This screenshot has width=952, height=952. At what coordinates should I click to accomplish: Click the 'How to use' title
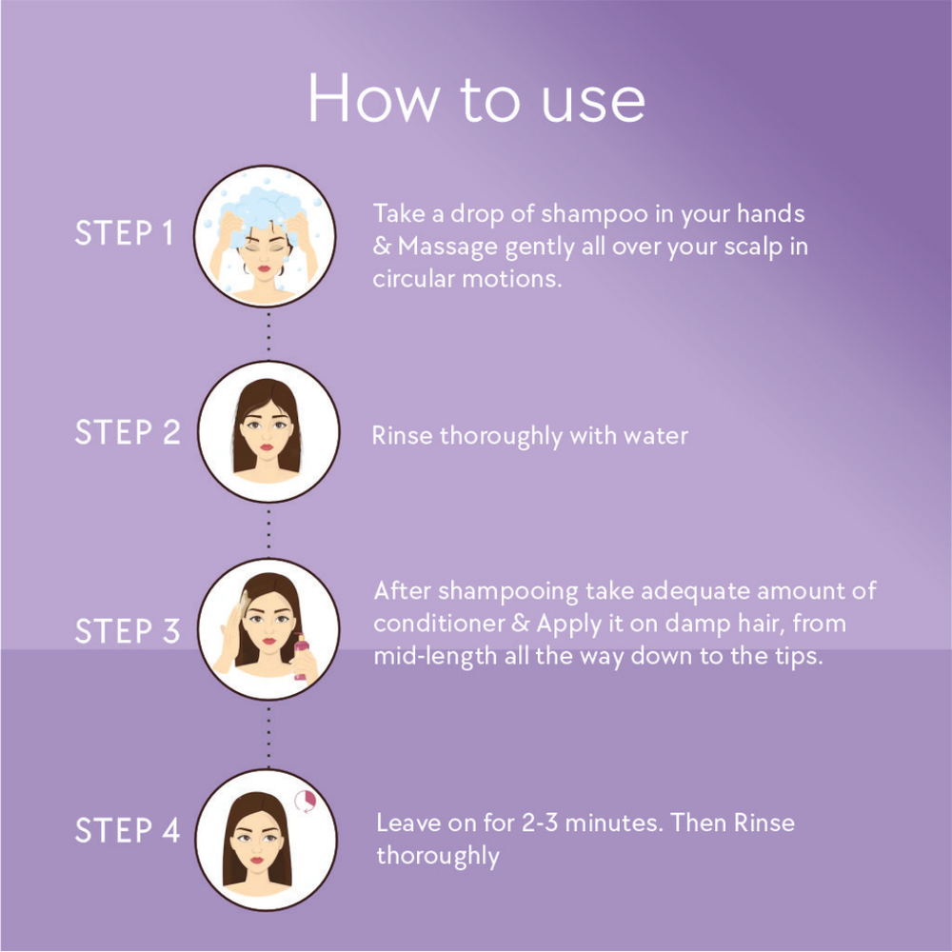coord(476,99)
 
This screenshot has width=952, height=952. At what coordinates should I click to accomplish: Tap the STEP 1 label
coord(125,233)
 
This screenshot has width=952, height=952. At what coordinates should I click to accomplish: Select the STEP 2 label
coord(128,432)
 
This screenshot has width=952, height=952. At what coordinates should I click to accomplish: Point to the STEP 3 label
coord(128,631)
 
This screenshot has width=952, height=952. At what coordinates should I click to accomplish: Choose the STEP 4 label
coord(128,830)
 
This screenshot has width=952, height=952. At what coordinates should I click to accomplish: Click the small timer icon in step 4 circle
coord(306,801)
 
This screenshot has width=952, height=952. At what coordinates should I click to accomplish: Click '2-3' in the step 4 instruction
coord(540,823)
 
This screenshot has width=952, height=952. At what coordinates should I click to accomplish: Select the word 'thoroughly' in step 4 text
coord(438,857)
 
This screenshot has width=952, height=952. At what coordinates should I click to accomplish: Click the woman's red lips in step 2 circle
coord(267,447)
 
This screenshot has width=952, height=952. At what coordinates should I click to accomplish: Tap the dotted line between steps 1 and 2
coord(268,332)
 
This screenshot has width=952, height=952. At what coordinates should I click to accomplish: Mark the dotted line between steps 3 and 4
coord(268,732)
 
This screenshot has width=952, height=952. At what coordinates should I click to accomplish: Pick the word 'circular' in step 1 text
coord(413,279)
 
